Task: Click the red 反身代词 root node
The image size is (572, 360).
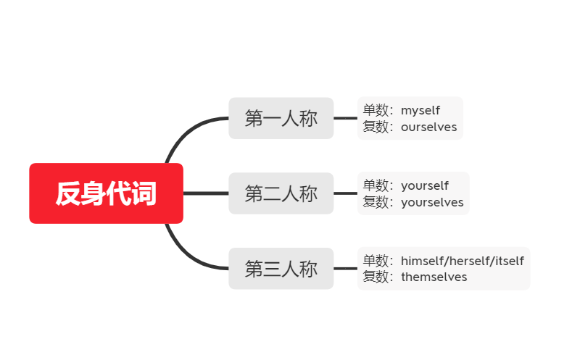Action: click(x=106, y=193)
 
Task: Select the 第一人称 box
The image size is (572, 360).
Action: click(x=281, y=118)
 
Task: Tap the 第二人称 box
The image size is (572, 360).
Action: click(x=281, y=193)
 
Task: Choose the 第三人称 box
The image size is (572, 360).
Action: click(x=281, y=269)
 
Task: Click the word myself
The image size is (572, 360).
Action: click(x=420, y=111)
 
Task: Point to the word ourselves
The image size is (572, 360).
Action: click(x=428, y=127)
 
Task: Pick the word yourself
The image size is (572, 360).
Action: click(x=425, y=186)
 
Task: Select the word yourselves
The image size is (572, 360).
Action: click(x=432, y=203)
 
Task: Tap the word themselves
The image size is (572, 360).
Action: click(x=434, y=277)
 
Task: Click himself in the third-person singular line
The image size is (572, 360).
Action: click(x=423, y=261)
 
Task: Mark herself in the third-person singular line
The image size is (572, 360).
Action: click(x=470, y=261)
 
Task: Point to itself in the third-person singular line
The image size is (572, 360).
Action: click(x=508, y=261)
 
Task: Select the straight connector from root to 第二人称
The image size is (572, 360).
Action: click(x=206, y=193)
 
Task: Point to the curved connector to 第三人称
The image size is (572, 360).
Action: click(x=186, y=257)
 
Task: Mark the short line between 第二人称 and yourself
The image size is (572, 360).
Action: click(x=346, y=193)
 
